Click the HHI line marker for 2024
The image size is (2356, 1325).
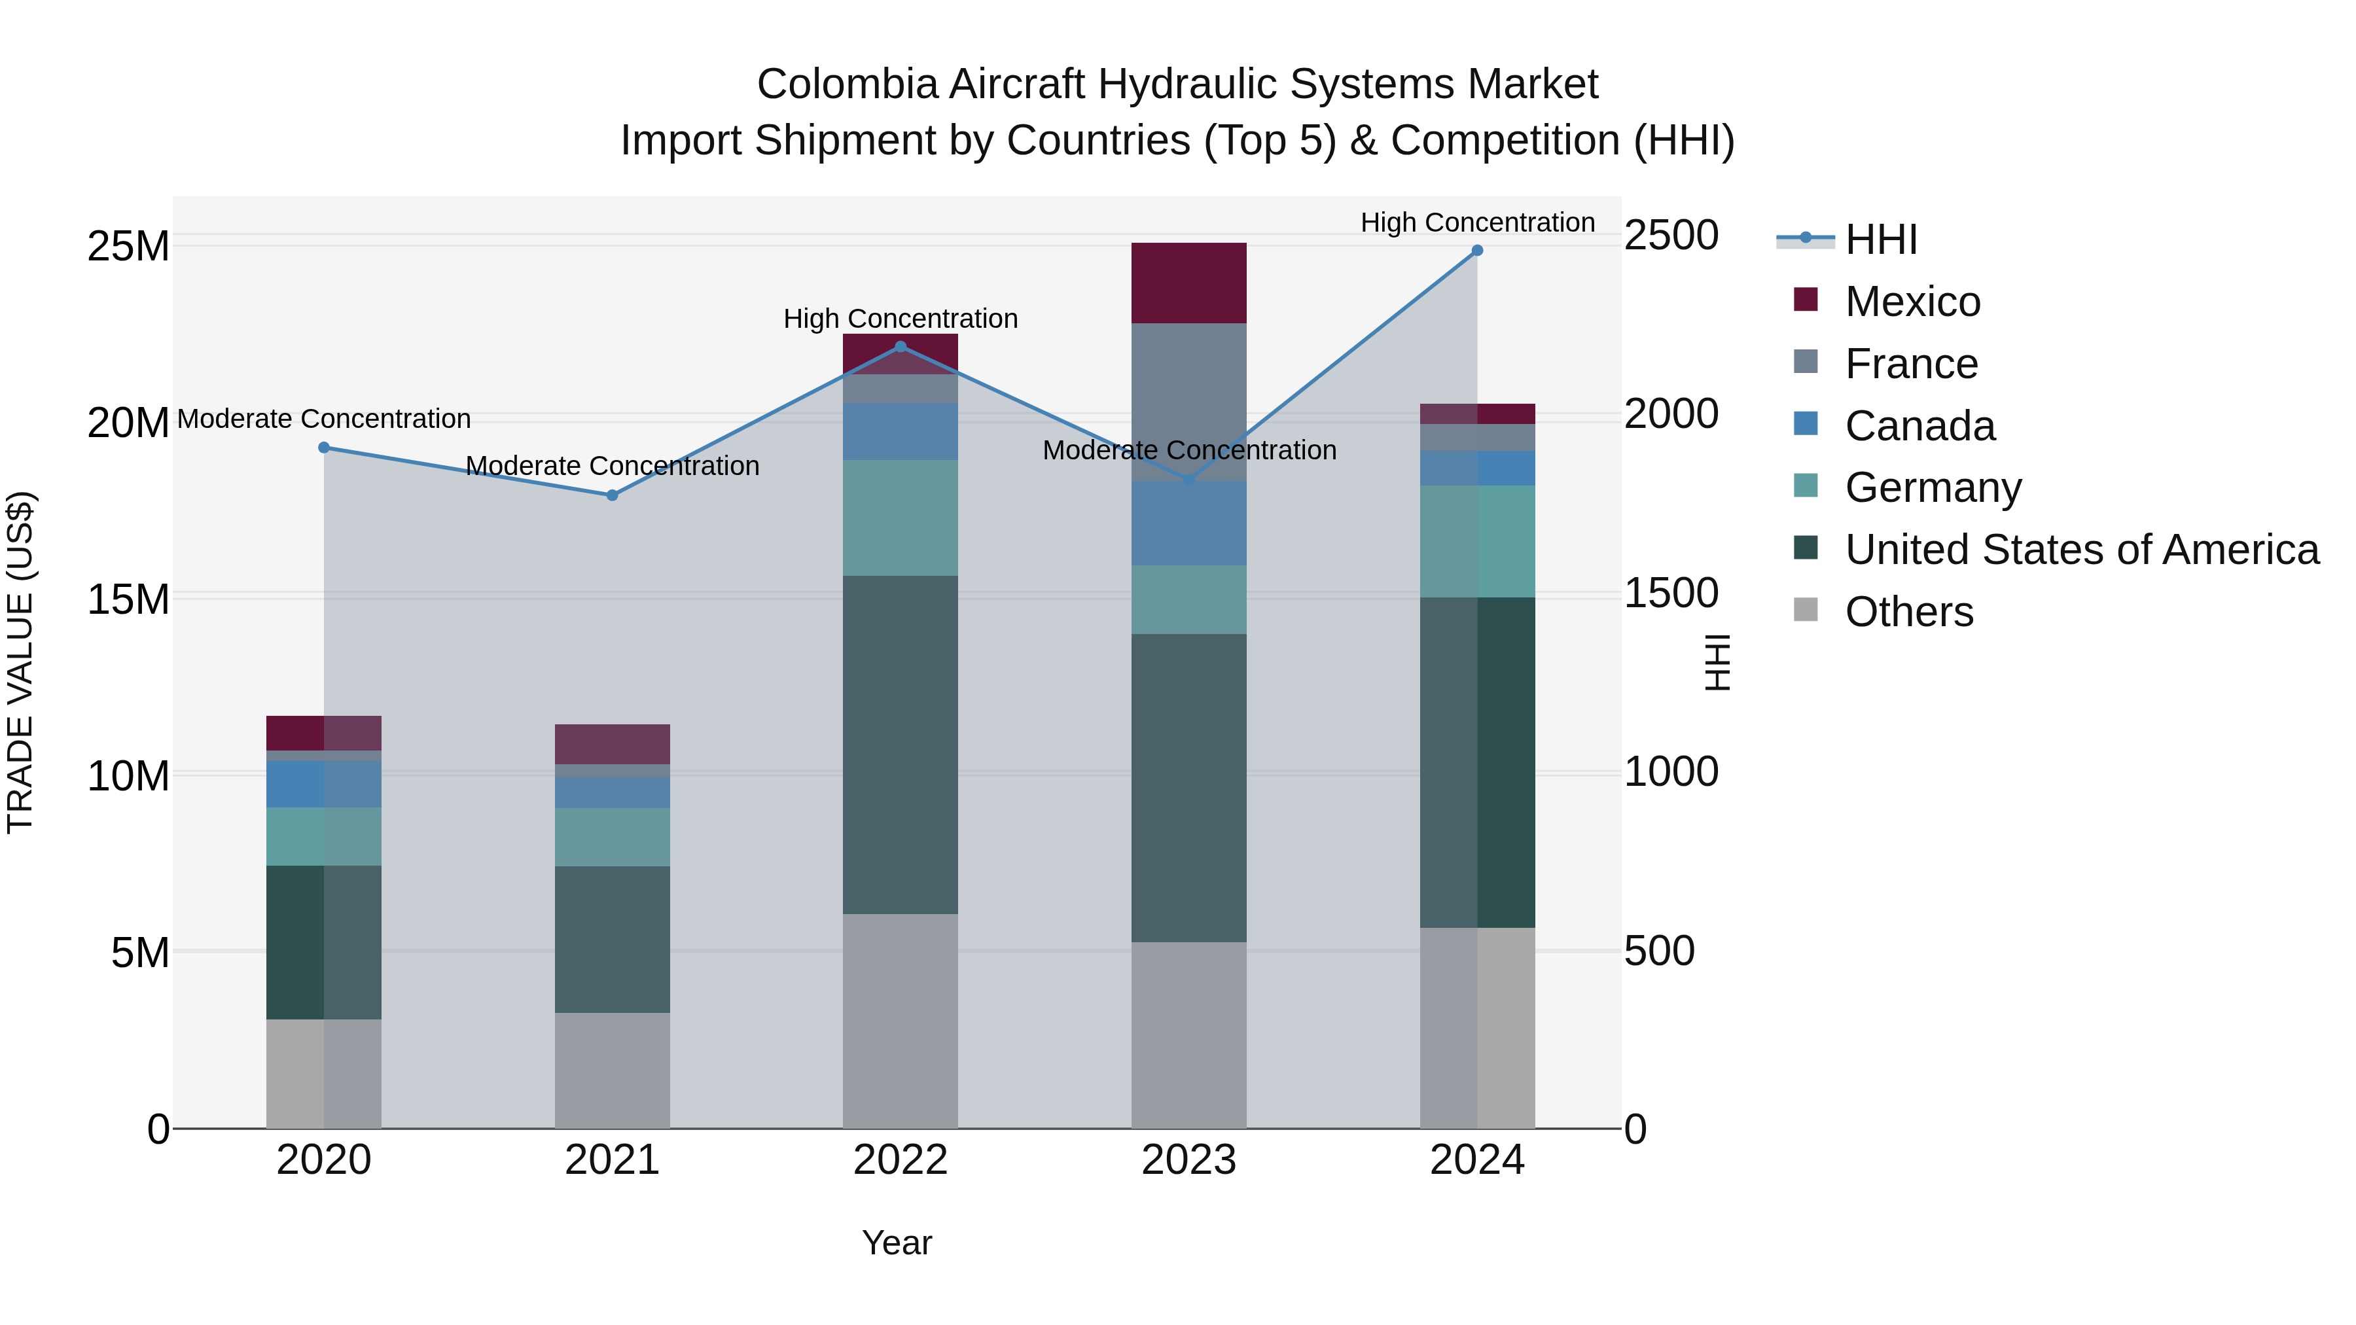[x=1476, y=251]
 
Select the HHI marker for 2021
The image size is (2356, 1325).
[x=613, y=495]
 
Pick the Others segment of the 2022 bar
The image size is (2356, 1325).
[x=900, y=1021]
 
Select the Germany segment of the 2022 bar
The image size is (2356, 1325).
[x=900, y=518]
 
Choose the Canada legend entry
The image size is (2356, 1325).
[x=1919, y=426]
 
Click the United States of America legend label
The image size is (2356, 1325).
[x=2082, y=550]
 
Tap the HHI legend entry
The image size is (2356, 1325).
[x=1880, y=239]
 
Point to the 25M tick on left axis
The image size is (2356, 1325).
[x=128, y=246]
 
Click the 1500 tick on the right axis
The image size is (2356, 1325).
[x=1671, y=593]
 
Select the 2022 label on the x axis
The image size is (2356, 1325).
[x=900, y=1160]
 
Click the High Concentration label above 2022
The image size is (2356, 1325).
[x=900, y=319]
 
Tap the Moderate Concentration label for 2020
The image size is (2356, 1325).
[x=324, y=419]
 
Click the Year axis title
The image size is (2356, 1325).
[x=897, y=1243]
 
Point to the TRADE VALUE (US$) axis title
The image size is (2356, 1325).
[x=20, y=662]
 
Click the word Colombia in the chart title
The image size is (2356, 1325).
[x=847, y=85]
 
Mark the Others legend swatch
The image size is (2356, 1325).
[x=1806, y=610]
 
